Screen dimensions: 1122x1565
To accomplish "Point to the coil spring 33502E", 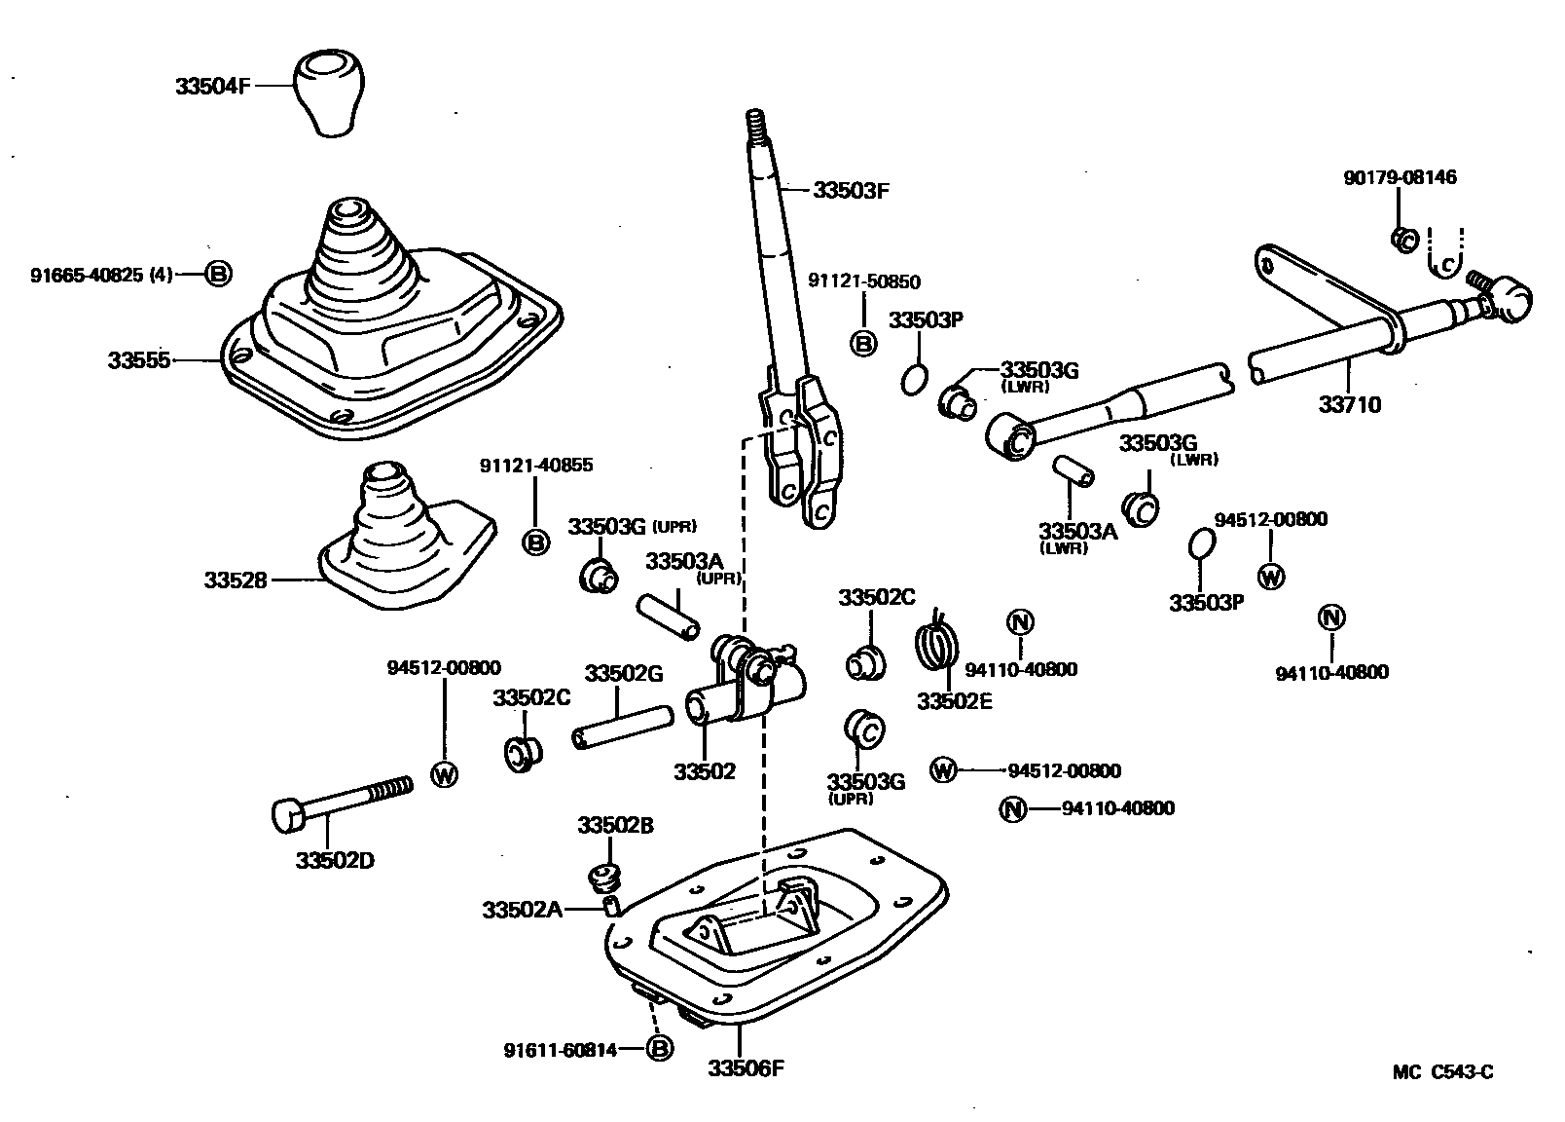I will click(938, 644).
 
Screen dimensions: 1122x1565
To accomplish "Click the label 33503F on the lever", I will click(852, 190).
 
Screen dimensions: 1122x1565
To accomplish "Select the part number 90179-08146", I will click(1401, 177).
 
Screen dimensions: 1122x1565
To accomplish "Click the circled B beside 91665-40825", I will click(218, 275).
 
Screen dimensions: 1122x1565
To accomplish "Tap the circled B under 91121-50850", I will click(863, 343).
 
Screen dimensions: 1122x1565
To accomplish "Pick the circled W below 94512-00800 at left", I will click(444, 775).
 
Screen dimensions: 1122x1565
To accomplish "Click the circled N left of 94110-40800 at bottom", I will click(1013, 808).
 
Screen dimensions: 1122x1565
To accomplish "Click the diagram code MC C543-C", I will click(1441, 1072).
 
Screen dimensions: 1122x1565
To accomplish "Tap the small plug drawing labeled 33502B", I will click(605, 875).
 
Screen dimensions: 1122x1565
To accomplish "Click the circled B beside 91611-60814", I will click(659, 1049).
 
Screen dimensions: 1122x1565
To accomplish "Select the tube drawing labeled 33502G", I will click(623, 728).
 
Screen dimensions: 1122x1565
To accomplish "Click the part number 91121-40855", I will click(535, 466).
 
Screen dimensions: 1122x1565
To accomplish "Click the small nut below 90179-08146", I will click(1402, 239).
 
